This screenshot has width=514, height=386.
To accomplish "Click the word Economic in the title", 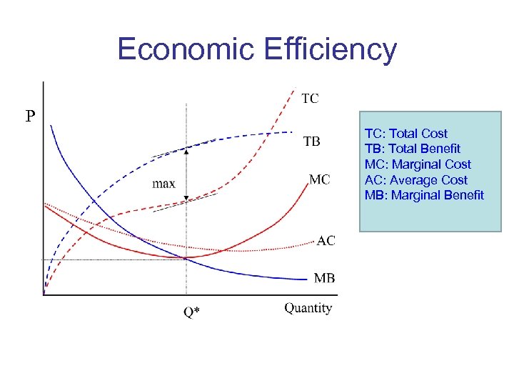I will pos(186,49).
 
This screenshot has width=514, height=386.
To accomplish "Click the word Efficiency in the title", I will pos(330,49).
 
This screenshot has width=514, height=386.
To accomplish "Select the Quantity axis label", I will pos(308,308).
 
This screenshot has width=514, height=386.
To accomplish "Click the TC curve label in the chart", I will pos(310,99).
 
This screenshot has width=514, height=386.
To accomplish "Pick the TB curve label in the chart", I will pos(311,142).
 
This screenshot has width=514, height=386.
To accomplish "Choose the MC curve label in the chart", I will pos(319,179).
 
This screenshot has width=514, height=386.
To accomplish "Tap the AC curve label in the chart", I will pos(326,241).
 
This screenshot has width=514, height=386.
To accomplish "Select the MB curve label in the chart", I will pos(324,278).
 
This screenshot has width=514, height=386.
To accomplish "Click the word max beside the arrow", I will pos(163,184).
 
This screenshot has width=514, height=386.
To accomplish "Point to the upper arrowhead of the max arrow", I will pos(187,150).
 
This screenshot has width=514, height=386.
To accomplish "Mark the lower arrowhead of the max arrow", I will pos(187,199).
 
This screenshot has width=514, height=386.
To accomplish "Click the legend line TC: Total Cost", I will pos(405,134).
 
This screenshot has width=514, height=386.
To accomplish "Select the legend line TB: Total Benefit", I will pos(412,149).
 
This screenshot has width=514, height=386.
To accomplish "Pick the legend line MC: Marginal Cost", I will pos(418,164).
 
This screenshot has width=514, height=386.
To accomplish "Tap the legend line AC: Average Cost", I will pos(415,180).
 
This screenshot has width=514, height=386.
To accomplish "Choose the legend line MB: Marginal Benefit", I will pos(424,195).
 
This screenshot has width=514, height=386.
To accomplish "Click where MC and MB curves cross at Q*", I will pos(187,258).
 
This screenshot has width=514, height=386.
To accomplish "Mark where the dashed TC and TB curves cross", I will pos(269,132).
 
